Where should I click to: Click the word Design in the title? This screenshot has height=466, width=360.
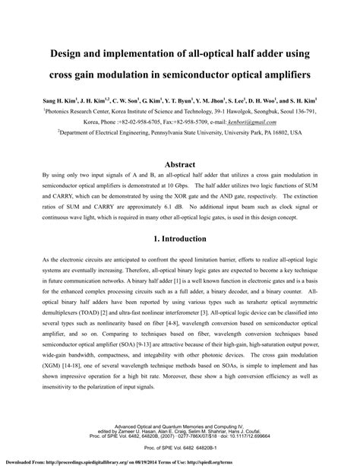coord(49,54)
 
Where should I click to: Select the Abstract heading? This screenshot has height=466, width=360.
coord(180,164)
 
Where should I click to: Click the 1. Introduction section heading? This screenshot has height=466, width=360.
coord(180,238)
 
